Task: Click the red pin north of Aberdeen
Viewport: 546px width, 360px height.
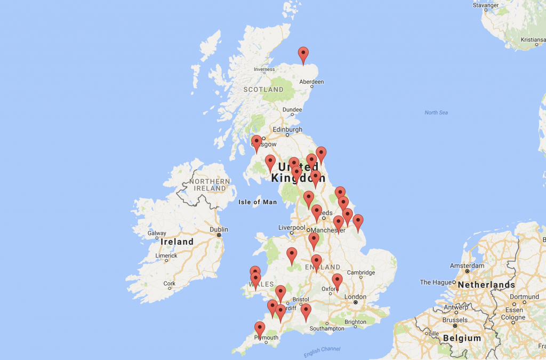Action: coord(303,55)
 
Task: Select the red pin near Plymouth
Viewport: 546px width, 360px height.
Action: coord(260,330)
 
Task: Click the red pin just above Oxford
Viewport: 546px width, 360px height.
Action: coord(337,281)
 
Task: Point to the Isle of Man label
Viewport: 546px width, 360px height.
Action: coord(257,202)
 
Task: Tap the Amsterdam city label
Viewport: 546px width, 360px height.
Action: coord(467,265)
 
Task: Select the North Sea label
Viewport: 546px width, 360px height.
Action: coord(436,113)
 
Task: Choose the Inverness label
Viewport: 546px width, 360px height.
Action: coord(264,69)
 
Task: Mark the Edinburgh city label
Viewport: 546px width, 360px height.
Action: coord(287,130)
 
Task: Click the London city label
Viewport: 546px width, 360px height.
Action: coord(355,297)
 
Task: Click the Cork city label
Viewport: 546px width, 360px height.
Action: coord(170,284)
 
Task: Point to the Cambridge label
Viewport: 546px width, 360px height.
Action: coord(362,273)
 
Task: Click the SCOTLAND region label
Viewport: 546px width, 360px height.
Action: coord(263,90)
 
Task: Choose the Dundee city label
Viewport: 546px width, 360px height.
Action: coord(292,109)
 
